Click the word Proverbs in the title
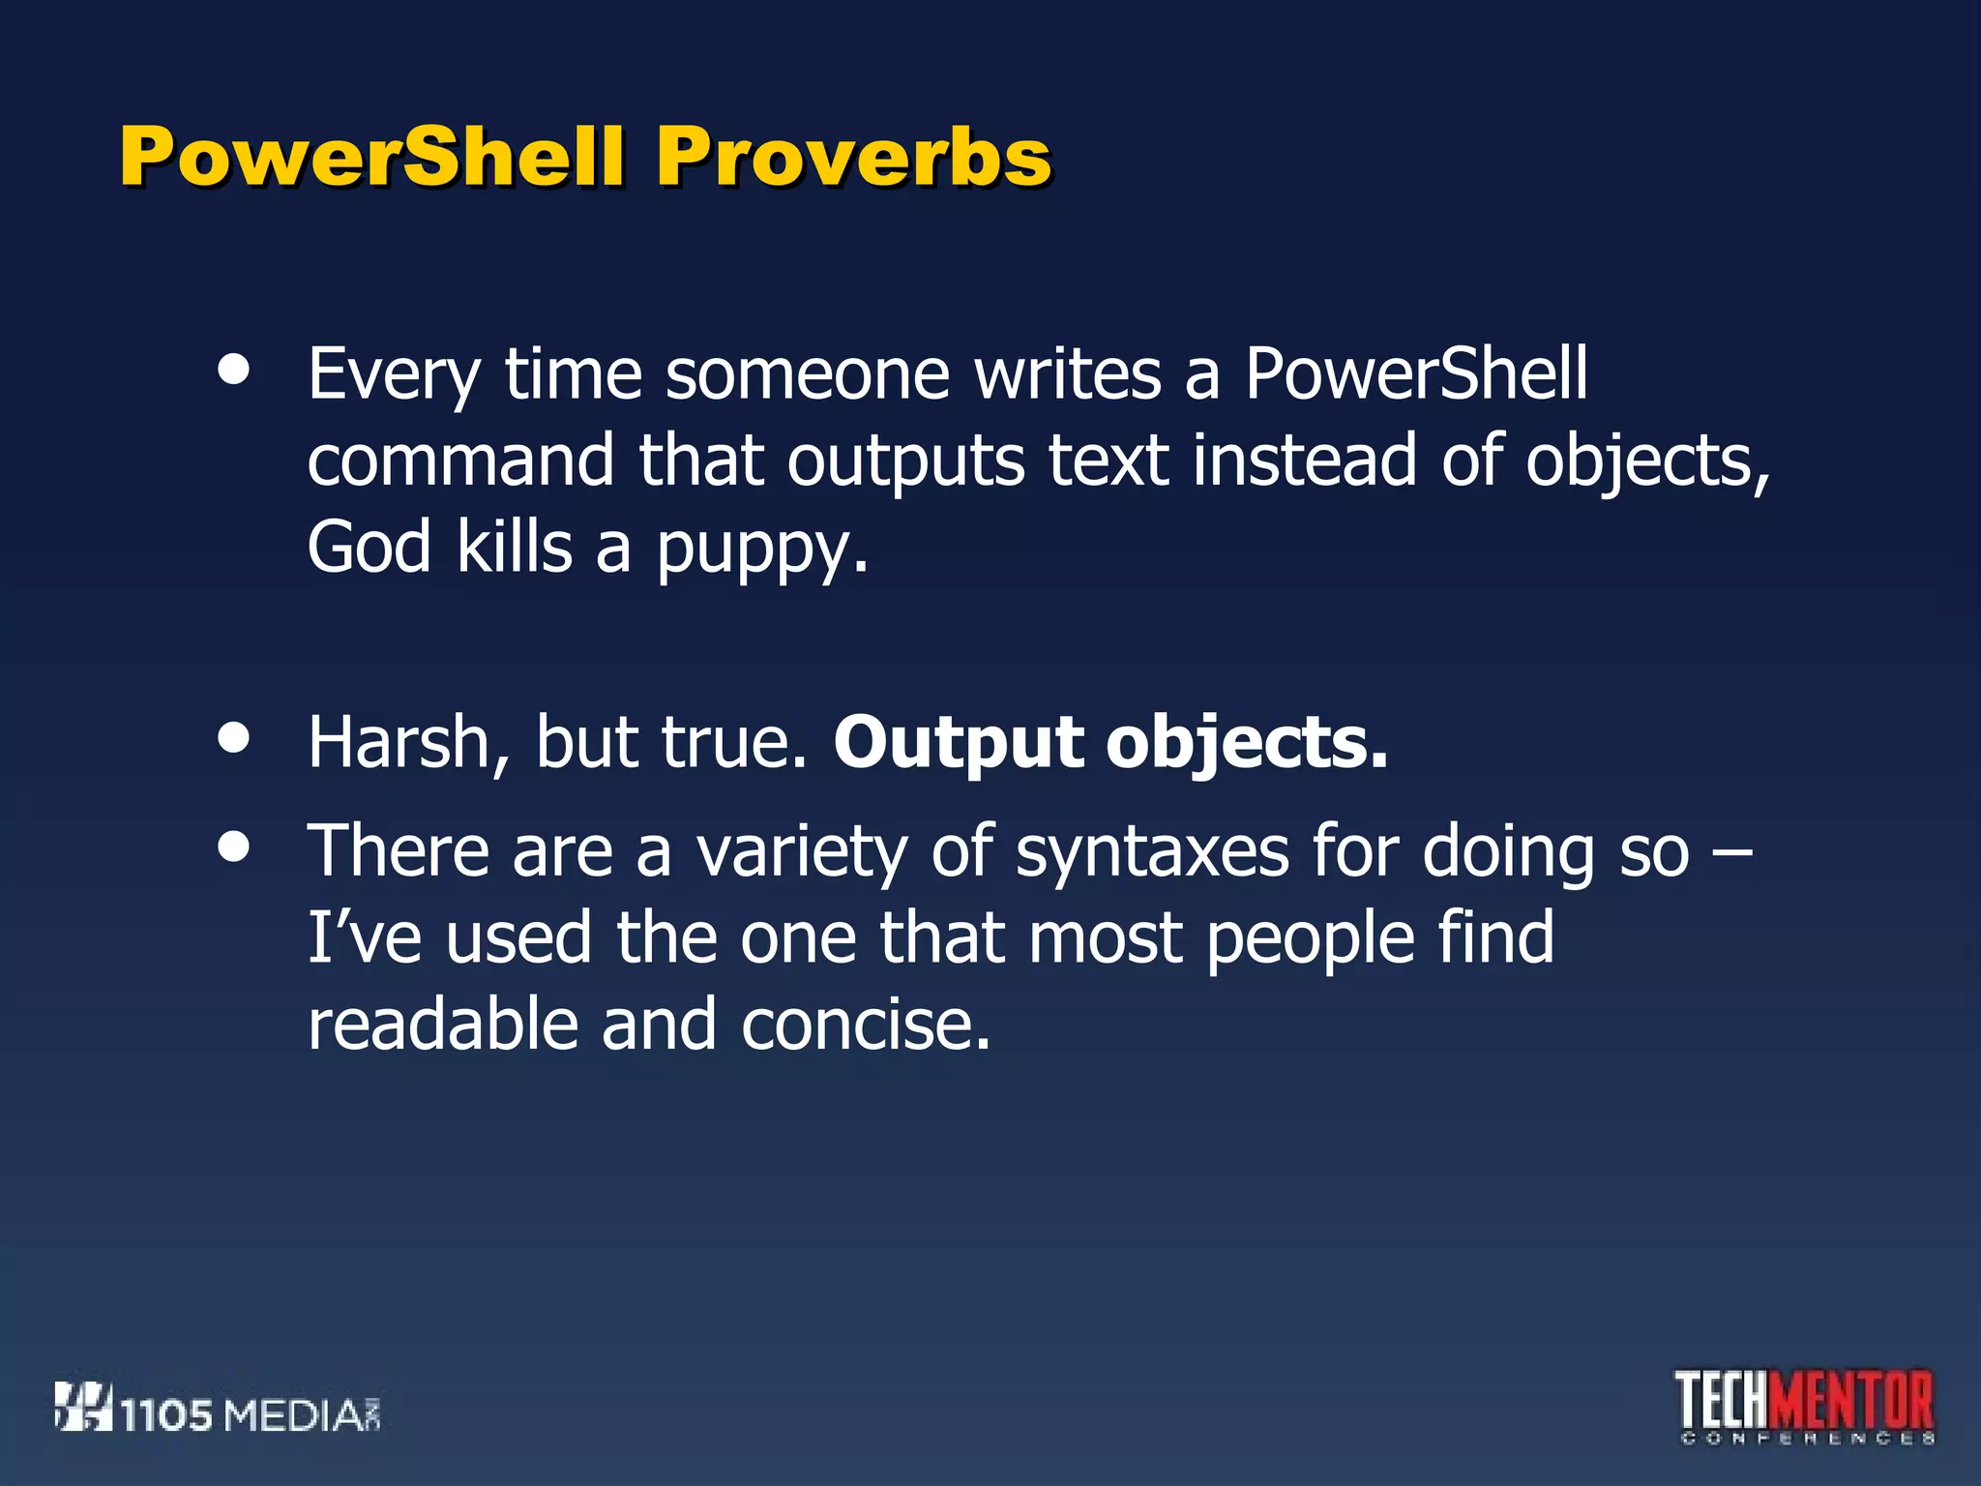pos(853,157)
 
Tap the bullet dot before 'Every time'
pos(234,369)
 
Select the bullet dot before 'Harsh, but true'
pos(234,738)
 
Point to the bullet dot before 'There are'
pos(234,847)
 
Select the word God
pos(369,547)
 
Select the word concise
pos(866,1025)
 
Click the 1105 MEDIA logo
pos(218,1409)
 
